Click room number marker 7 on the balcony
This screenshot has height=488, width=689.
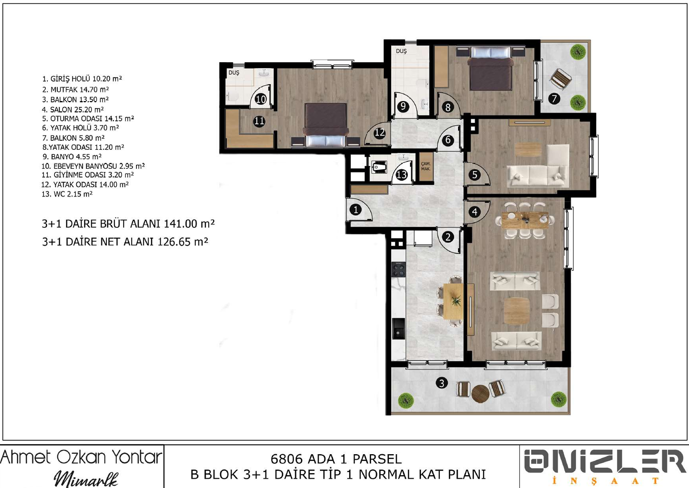pyautogui.click(x=554, y=99)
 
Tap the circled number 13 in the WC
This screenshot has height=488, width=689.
pyautogui.click(x=402, y=175)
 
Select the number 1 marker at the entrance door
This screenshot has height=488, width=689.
pyautogui.click(x=356, y=210)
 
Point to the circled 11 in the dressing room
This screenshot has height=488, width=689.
pyautogui.click(x=259, y=121)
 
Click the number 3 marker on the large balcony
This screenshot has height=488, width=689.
pyautogui.click(x=442, y=383)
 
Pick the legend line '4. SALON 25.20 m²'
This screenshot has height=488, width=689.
pyautogui.click(x=73, y=110)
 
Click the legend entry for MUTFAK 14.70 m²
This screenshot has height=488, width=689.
pyautogui.click(x=75, y=90)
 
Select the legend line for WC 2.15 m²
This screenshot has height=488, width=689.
pyautogui.click(x=67, y=194)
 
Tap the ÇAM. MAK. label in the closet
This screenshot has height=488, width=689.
pyautogui.click(x=426, y=167)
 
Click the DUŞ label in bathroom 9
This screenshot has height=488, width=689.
pyautogui.click(x=401, y=51)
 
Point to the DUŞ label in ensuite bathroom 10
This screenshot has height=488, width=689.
pyautogui.click(x=234, y=73)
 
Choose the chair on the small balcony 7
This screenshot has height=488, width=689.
pyautogui.click(x=560, y=79)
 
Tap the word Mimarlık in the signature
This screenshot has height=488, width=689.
pyautogui.click(x=86, y=479)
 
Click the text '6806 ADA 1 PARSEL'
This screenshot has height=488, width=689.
pyautogui.click(x=336, y=459)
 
